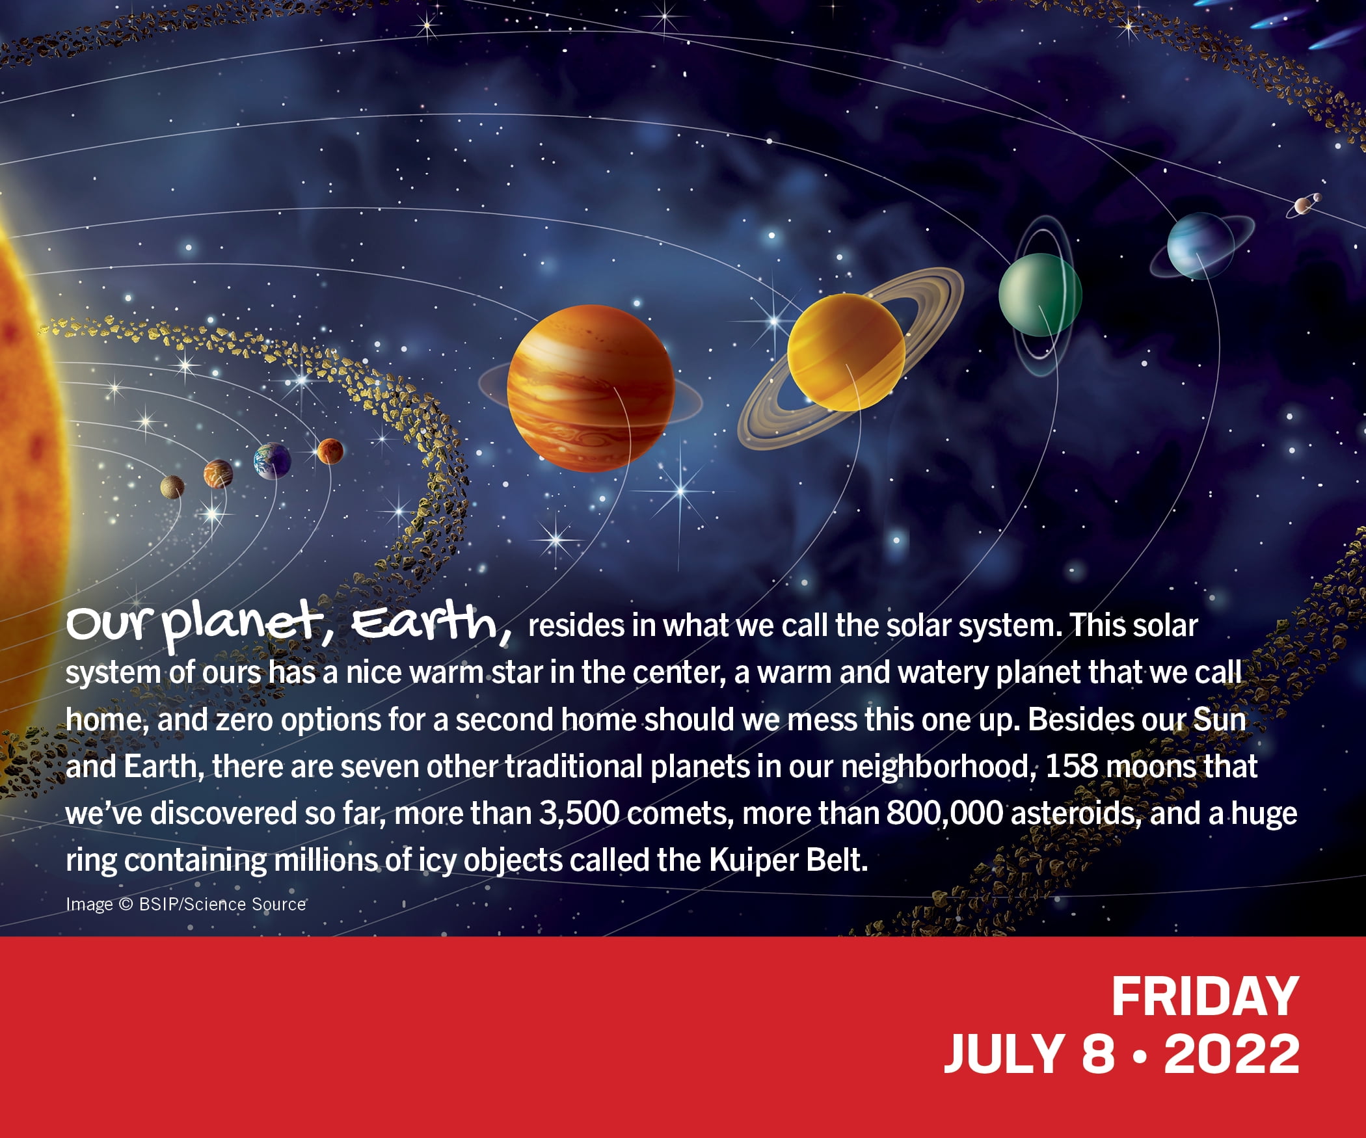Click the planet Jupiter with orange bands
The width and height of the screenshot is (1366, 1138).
(x=591, y=388)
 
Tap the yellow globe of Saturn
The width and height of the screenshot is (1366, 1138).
(x=846, y=352)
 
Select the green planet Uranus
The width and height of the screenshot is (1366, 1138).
(x=1040, y=295)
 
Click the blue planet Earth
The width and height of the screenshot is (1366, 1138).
(x=272, y=461)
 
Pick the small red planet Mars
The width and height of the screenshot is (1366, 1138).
(x=330, y=451)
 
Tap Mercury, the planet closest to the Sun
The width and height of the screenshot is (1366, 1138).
(x=172, y=486)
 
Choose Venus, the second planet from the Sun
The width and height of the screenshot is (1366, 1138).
(x=218, y=474)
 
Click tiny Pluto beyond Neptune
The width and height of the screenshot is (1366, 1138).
(x=1303, y=205)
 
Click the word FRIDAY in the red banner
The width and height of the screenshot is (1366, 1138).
(x=1205, y=996)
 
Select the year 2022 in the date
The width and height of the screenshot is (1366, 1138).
(x=1231, y=1055)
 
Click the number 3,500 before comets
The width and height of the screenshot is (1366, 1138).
(x=579, y=814)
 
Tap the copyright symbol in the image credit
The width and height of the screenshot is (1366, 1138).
(x=126, y=905)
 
